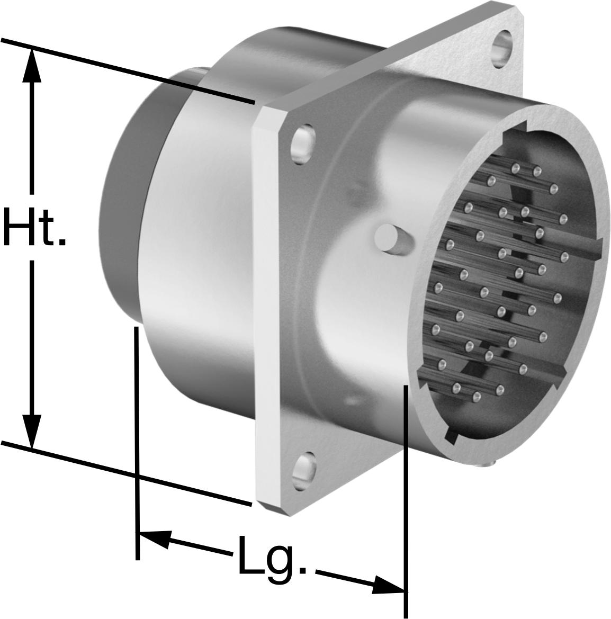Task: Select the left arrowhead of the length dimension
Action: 154,539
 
